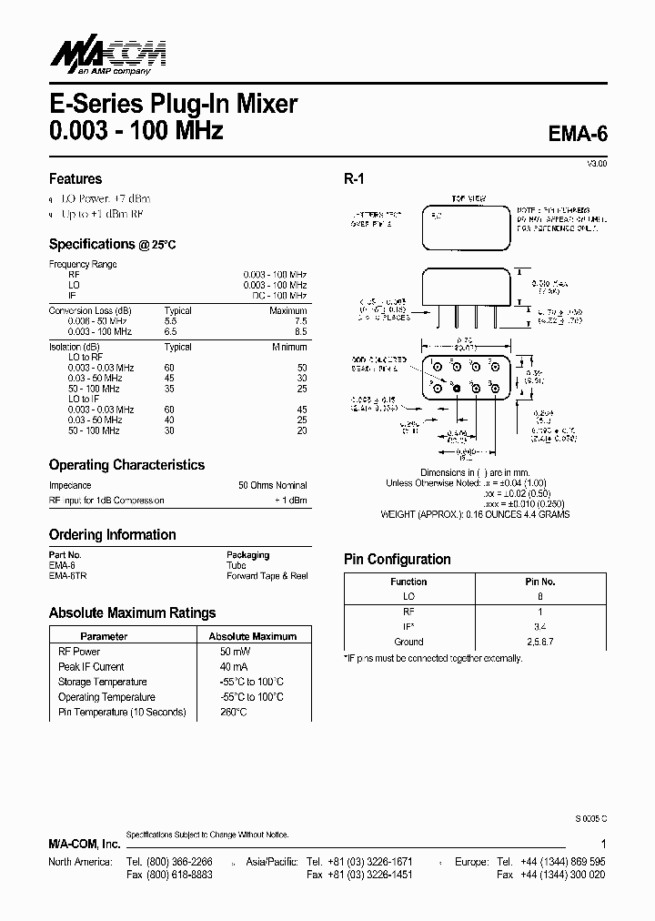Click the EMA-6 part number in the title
pos(578,133)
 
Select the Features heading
pos(75,178)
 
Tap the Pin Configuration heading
pos(397,559)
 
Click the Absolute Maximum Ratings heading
pos(132,612)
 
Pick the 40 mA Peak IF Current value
pos(235,667)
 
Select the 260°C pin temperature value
pos(233,712)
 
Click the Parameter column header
pos(104,636)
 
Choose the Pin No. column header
pos(540,582)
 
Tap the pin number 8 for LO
pos(540,596)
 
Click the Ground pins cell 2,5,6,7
pos(540,642)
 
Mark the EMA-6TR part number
pos(68,576)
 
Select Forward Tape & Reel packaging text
pos(267,576)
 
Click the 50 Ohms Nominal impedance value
pos(273,485)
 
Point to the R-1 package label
pos(354,179)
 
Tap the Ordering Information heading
pos(112,534)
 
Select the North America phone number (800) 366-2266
pos(183,861)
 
